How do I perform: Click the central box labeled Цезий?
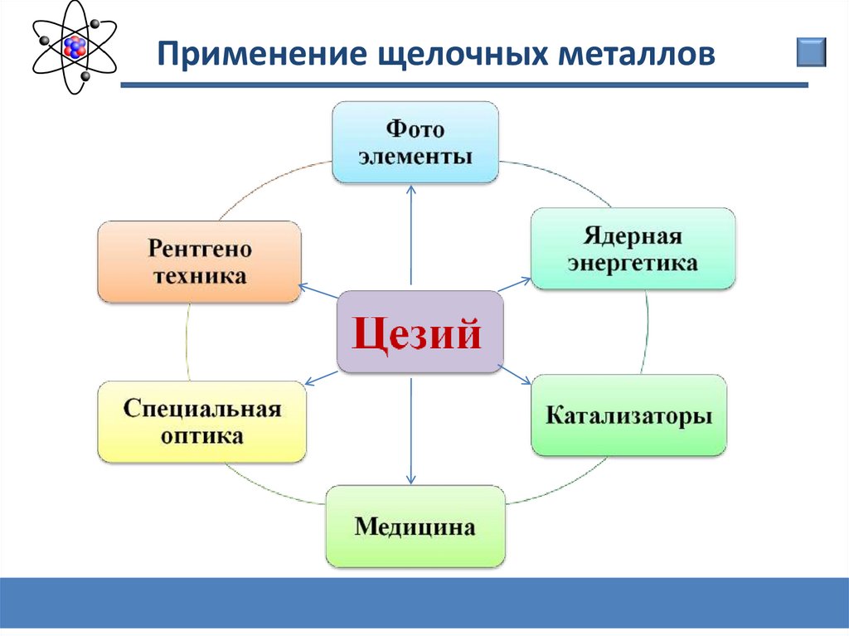420,332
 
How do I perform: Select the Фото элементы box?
415,142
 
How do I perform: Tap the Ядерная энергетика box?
632,249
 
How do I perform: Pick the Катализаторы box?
628,415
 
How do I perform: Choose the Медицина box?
415,527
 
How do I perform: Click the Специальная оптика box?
201,421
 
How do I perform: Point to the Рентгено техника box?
199,261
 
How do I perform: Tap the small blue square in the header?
812,51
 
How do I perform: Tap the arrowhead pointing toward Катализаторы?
526,382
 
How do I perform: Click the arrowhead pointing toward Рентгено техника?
303,287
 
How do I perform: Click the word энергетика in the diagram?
632,265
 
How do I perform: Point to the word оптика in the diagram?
201,436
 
